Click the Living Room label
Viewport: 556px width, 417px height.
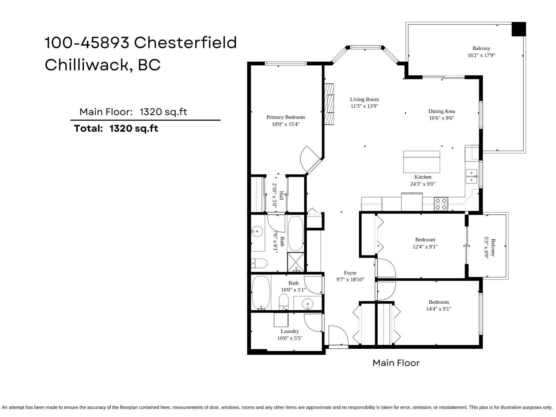[x=364, y=99]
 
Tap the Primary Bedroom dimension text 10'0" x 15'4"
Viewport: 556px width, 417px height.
[x=286, y=124]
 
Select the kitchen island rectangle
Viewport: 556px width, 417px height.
[x=422, y=162]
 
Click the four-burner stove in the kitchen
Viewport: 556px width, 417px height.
[x=441, y=204]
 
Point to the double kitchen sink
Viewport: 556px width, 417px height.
[x=471, y=176]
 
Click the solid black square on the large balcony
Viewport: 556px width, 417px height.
[x=518, y=29]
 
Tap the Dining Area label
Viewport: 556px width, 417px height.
[x=441, y=111]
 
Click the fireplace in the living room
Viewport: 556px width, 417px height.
[x=329, y=104]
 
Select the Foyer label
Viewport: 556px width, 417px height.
[x=350, y=273]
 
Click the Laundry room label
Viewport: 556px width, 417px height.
[x=290, y=331]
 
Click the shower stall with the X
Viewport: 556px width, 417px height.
[x=296, y=262]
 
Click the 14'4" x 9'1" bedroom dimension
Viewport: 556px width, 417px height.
[x=439, y=309]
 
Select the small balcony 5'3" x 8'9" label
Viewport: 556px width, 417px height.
[x=490, y=247]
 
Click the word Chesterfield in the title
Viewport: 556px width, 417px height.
[x=185, y=43]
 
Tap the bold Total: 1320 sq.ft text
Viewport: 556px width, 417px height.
[x=116, y=128]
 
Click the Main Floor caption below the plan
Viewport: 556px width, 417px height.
[x=396, y=363]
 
